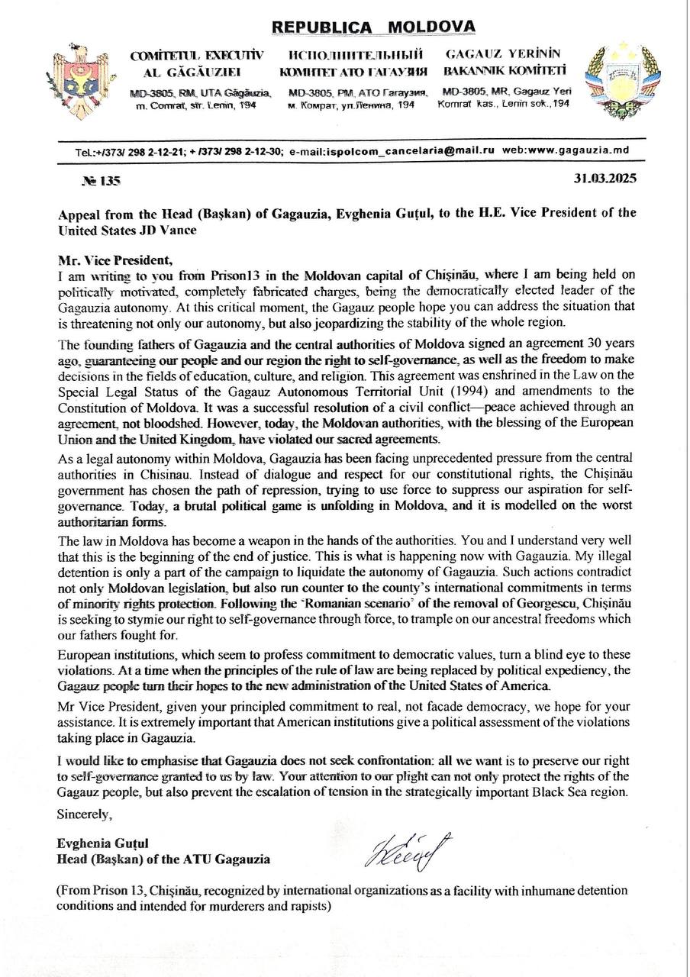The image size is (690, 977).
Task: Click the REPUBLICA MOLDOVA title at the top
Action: click(373, 28)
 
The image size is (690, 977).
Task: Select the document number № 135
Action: click(101, 181)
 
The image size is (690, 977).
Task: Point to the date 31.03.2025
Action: click(605, 180)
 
